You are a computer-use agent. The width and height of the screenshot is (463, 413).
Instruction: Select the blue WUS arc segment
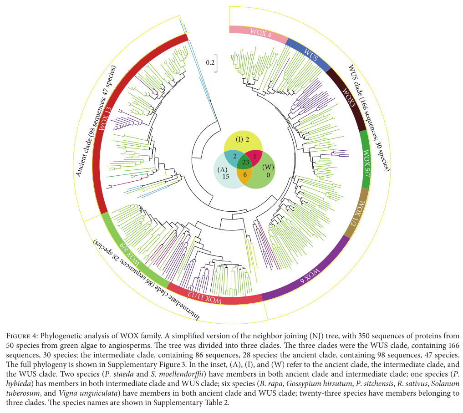pos(310,56)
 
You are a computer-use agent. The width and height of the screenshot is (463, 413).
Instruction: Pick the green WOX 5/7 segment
pos(366,159)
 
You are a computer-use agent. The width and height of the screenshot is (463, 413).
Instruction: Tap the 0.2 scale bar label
pos(209,63)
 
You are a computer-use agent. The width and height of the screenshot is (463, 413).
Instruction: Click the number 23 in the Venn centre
pos(245,161)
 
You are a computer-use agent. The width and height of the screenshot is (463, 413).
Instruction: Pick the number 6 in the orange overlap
pos(245,174)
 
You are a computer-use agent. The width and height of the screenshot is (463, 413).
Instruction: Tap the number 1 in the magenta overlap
pos(255,155)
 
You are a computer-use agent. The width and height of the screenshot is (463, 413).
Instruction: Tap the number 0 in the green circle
pos(268,175)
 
